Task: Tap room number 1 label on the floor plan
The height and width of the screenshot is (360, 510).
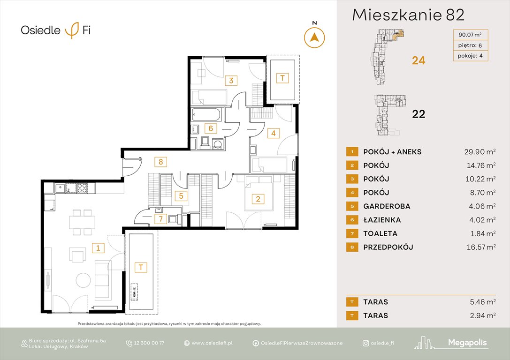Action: pos(98,247)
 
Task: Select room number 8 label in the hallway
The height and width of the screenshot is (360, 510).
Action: pos(160,162)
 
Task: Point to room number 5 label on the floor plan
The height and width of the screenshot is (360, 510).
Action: pos(180,196)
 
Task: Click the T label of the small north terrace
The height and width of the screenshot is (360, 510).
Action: pos(282,78)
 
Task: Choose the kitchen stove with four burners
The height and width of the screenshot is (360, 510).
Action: pos(82,188)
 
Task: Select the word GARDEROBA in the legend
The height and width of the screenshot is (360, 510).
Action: pos(387,206)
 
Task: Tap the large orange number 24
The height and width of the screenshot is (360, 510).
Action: pos(418,60)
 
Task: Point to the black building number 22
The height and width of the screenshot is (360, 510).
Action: pos(418,113)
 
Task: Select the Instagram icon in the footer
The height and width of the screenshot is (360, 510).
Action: pos(365,343)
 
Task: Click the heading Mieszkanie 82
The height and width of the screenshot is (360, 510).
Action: pos(408,15)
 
